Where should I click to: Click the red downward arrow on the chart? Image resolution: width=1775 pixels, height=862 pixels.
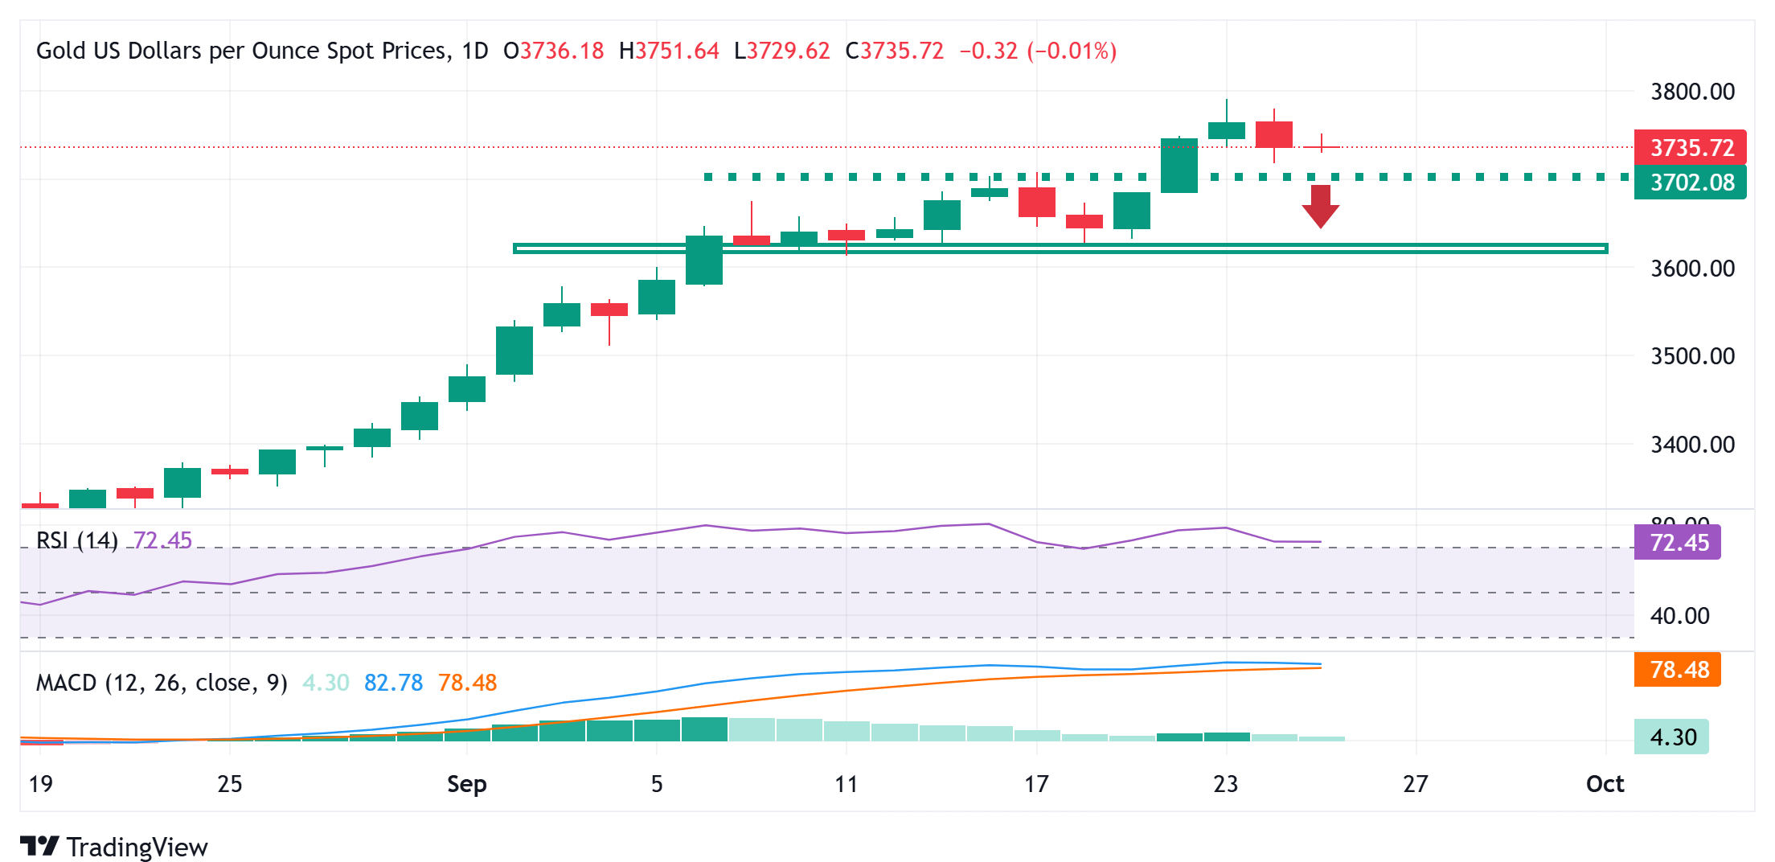click(x=1320, y=206)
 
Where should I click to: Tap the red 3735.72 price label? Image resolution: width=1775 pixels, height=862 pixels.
click(x=1690, y=148)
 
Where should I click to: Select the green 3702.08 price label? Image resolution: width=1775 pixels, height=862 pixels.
click(x=1690, y=183)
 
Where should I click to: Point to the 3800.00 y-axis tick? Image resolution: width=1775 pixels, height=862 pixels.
click(x=1692, y=92)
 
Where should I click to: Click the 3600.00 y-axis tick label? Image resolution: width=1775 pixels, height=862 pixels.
click(x=1692, y=269)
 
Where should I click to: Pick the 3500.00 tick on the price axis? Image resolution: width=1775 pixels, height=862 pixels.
click(x=1692, y=356)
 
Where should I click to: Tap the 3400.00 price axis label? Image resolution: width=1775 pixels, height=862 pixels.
click(x=1692, y=445)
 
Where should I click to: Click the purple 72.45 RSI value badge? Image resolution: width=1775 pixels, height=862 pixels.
click(x=1678, y=543)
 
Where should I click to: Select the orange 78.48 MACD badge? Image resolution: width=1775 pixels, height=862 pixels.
click(x=1678, y=670)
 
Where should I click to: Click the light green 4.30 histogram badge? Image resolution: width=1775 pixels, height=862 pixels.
click(x=1672, y=737)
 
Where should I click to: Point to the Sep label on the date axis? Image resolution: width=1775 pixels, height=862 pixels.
click(x=466, y=784)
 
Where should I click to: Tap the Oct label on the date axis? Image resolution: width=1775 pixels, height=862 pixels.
click(x=1605, y=784)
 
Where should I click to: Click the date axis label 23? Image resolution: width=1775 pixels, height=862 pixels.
click(x=1225, y=784)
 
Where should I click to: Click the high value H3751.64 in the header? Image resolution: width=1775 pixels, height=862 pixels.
click(x=669, y=51)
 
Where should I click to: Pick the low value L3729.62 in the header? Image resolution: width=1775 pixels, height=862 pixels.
click(x=781, y=51)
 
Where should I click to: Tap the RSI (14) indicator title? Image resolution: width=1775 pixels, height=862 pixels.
click(x=77, y=540)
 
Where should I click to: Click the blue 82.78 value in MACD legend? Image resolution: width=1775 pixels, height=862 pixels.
click(x=393, y=683)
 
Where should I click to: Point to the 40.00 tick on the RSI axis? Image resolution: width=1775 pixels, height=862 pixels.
click(x=1679, y=617)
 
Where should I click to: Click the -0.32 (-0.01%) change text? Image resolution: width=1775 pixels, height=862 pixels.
click(x=1037, y=51)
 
